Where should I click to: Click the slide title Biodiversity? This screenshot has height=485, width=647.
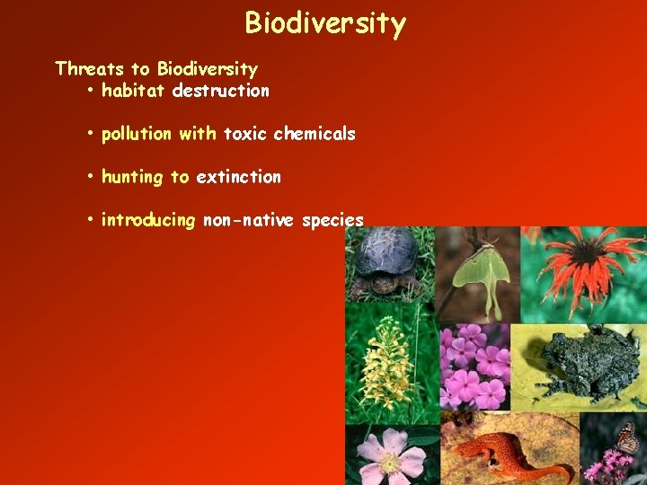click(x=324, y=22)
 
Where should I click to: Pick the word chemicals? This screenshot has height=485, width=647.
click(x=315, y=135)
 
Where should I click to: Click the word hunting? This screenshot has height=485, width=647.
click(x=132, y=177)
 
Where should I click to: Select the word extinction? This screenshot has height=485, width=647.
click(x=238, y=177)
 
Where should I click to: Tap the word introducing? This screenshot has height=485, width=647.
click(x=148, y=221)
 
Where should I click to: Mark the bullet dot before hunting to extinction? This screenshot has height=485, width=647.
click(x=92, y=177)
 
